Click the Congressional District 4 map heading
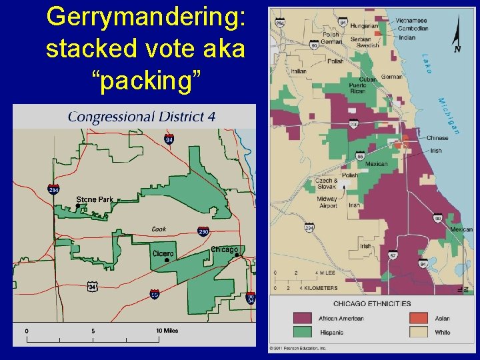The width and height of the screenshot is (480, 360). click(141, 117)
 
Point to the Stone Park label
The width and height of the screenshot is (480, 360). click(95, 199)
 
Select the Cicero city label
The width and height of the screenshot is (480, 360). click(163, 253)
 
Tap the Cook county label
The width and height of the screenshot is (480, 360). click(159, 229)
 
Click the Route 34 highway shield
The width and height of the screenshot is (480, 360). click(93, 287)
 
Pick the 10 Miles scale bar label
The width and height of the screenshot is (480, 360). click(167, 331)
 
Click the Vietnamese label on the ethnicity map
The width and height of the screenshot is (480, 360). click(411, 21)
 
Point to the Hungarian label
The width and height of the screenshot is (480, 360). click(364, 26)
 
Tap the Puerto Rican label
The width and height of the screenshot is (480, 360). click(357, 87)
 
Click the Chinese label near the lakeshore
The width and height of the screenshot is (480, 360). click(437, 138)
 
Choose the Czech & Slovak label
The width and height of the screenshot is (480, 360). click(327, 183)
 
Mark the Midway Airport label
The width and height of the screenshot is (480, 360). click(327, 202)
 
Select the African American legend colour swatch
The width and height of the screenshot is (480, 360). click(302, 318)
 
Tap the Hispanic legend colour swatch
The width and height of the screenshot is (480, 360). click(302, 331)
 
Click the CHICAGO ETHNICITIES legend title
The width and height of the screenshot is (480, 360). click(371, 303)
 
